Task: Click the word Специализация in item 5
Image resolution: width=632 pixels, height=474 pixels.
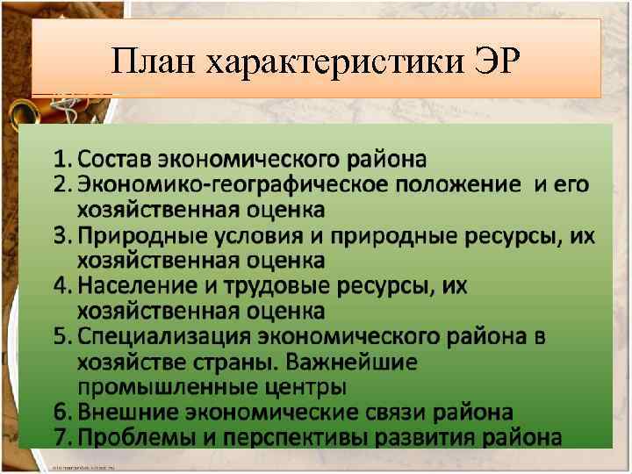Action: pyautogui.click(x=164, y=336)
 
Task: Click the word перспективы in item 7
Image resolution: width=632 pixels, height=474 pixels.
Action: pyautogui.click(x=296, y=437)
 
